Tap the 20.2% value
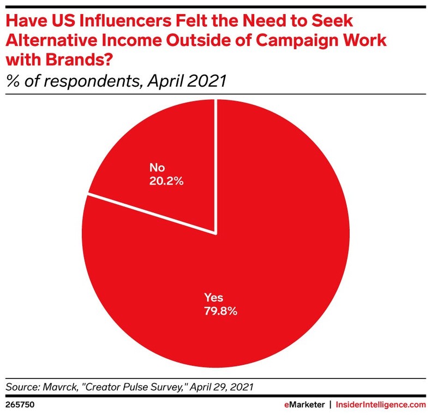pyautogui.click(x=166, y=181)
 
